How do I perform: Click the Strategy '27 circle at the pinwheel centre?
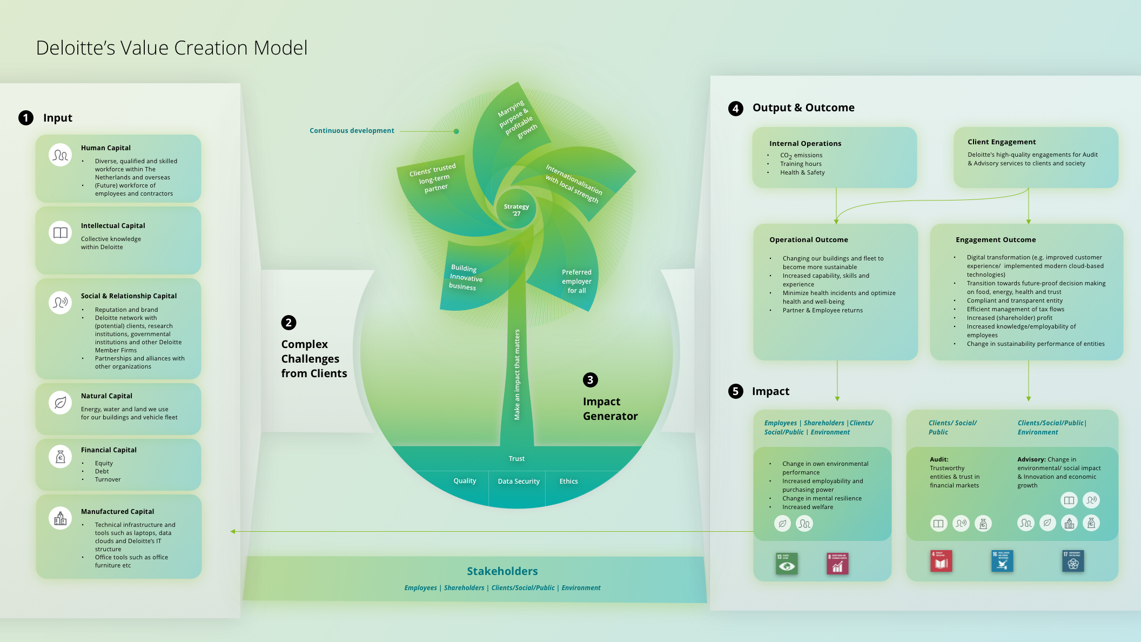pyautogui.click(x=516, y=209)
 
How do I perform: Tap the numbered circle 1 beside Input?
pyautogui.click(x=26, y=118)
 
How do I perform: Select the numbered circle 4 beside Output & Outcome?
pyautogui.click(x=735, y=108)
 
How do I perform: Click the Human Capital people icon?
pyautogui.click(x=61, y=155)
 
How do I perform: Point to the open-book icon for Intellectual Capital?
pyautogui.click(x=61, y=232)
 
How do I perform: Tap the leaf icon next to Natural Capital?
pyautogui.click(x=61, y=403)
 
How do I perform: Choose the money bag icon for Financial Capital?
pyautogui.click(x=61, y=457)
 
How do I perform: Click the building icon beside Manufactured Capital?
pyautogui.click(x=61, y=518)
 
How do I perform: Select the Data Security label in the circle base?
pyautogui.click(x=519, y=482)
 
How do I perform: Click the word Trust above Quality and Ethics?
pyautogui.click(x=516, y=459)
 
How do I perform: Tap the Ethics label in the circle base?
pyautogui.click(x=568, y=482)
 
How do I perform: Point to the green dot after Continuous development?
pyautogui.click(x=457, y=131)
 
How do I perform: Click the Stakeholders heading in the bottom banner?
pyautogui.click(x=502, y=571)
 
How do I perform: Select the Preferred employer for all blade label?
pyautogui.click(x=576, y=281)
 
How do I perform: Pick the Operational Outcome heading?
pyautogui.click(x=809, y=240)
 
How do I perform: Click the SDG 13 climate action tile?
pyautogui.click(x=787, y=564)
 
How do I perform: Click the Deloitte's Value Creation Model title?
pyautogui.click(x=172, y=48)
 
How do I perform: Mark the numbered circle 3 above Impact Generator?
pyautogui.click(x=590, y=380)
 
